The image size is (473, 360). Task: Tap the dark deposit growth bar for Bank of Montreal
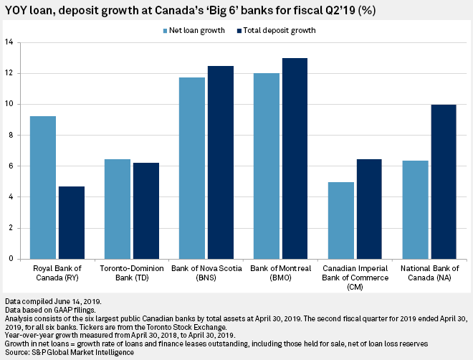tap(295, 158)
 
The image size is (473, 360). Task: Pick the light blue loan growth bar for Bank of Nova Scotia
tap(192, 168)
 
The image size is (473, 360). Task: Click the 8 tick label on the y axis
tap(11, 135)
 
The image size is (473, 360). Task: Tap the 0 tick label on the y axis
tap(11, 260)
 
